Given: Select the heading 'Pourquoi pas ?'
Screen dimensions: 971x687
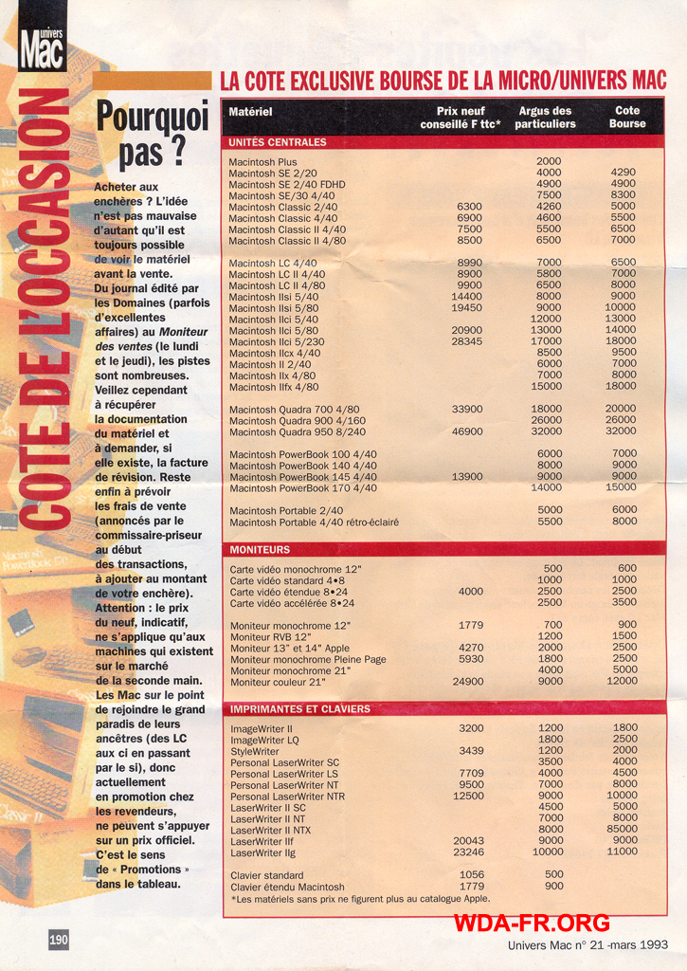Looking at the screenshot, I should [x=153, y=134].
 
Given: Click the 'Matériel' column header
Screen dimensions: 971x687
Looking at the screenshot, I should [x=250, y=113].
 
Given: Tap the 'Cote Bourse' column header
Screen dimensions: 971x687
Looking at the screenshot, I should [x=626, y=118].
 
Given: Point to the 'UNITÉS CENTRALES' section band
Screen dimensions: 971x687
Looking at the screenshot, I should [x=278, y=142].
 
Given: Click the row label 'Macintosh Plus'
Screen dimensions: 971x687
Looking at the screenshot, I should [x=262, y=162].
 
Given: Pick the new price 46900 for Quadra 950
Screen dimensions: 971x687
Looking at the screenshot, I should [x=466, y=431].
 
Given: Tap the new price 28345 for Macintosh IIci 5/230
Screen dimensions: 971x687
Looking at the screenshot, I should [x=466, y=341].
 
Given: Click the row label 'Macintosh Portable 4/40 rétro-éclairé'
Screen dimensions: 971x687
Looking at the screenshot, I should [x=314, y=522].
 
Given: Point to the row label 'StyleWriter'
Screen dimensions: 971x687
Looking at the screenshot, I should [x=254, y=751].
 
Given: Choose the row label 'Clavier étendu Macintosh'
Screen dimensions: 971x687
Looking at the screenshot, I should [x=287, y=887].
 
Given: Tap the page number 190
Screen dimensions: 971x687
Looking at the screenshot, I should [x=59, y=939].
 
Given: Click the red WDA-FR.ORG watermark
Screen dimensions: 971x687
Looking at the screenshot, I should [x=531, y=923].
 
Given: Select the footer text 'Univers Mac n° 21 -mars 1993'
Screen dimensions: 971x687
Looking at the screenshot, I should [x=588, y=945].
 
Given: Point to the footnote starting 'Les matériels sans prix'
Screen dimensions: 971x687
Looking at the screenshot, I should [x=360, y=899].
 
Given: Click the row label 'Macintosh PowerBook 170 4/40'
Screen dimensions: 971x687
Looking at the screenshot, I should [x=302, y=488].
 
